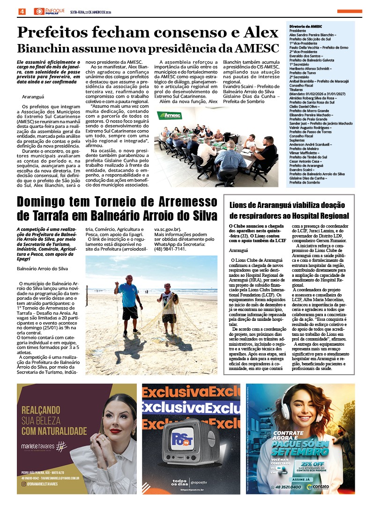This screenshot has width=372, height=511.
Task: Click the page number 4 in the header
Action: tap(22, 11)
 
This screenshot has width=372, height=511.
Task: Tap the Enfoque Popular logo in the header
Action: tap(49, 11)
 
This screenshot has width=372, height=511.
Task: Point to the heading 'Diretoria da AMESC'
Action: tap(305, 27)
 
